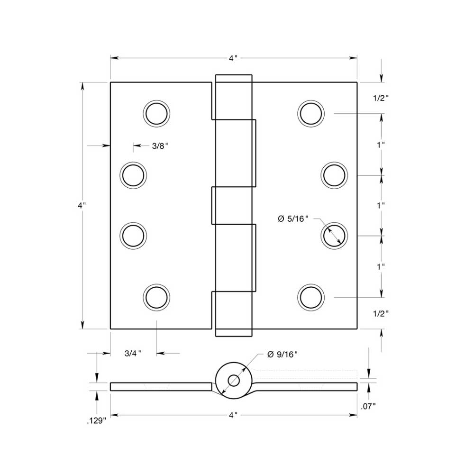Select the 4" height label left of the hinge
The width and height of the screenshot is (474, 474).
coord(82,206)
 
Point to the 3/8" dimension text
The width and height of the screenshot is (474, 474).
coord(160,146)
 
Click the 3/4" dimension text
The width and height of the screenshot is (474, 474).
coord(133,353)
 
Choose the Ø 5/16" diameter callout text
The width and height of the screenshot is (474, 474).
coord(292,219)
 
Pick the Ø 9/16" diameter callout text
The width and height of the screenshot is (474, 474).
coord(283,355)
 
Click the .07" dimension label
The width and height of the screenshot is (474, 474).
coord(368,406)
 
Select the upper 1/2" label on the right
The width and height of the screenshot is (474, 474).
coord(381,98)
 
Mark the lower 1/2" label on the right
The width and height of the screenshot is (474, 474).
coord(381,313)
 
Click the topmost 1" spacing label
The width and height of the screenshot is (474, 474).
coord(381,145)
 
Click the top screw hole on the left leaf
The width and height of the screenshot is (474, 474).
coord(156,114)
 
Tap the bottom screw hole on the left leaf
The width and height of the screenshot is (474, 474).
coord(156,297)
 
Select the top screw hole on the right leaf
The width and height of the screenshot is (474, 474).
coord(311,114)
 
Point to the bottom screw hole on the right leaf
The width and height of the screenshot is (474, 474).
coord(311,297)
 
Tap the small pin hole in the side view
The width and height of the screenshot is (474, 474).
coord(233,380)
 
